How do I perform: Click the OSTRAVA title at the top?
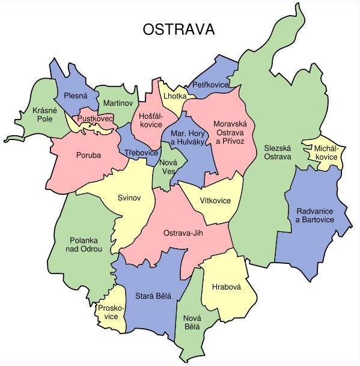pos(179,30)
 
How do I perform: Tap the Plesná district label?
pos(76,96)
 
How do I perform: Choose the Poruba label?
pos(88,155)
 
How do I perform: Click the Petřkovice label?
pos(210,85)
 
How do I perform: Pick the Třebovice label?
pos(141,154)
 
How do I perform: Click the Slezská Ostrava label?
pos(277,152)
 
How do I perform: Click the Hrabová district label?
pos(226,287)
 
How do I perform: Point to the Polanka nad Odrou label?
pos(86,244)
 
